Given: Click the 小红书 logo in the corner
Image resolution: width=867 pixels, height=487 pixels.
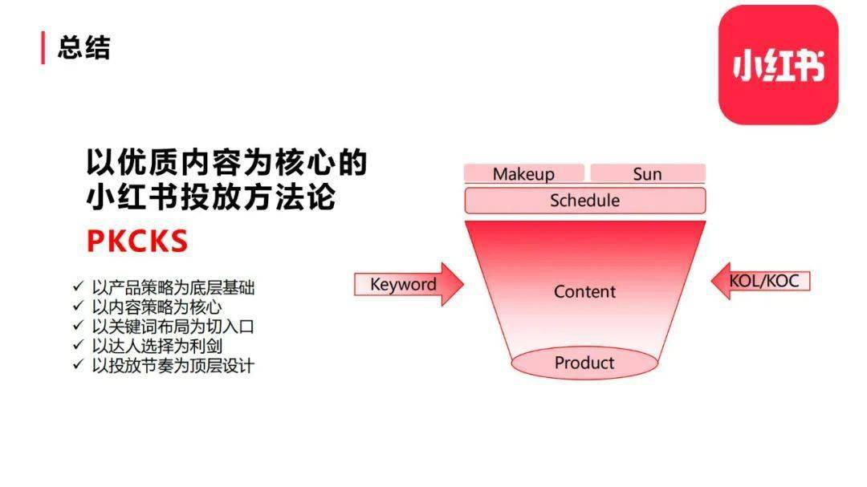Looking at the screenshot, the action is (x=778, y=65).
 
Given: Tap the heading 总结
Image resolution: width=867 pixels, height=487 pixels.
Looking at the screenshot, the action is (x=84, y=47).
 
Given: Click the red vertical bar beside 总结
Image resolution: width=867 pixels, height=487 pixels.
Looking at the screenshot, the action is (x=43, y=47).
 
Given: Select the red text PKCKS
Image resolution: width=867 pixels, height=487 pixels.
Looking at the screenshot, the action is (x=138, y=241).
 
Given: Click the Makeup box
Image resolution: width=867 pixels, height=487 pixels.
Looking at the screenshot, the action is (x=523, y=173).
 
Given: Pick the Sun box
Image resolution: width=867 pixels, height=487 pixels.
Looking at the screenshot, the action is (x=648, y=173).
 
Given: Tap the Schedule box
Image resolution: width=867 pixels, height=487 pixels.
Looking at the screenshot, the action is (x=585, y=200).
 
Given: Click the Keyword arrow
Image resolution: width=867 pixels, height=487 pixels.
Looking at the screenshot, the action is (x=409, y=284).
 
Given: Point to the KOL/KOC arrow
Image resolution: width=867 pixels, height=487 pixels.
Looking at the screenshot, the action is (x=760, y=281).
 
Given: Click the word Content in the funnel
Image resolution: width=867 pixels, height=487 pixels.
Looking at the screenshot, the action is (x=584, y=291).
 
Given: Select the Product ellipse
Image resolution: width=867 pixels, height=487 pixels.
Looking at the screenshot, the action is (x=584, y=363).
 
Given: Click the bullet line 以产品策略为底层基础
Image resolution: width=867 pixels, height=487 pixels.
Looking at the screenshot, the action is (x=173, y=287).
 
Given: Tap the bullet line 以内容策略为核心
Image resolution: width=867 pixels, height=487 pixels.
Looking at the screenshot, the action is (x=157, y=306).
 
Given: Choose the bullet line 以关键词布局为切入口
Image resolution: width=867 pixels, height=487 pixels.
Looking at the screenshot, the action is (x=173, y=327).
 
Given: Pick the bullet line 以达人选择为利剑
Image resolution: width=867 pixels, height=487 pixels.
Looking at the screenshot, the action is (x=157, y=346).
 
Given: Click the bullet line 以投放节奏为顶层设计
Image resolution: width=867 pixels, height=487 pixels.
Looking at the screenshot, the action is (x=173, y=365).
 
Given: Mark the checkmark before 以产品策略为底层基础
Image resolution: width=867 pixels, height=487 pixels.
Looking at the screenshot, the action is (x=78, y=286).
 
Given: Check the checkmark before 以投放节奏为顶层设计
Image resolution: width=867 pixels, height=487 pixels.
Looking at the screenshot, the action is (x=78, y=364).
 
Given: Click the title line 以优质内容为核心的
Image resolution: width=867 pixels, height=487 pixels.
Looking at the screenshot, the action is (x=226, y=162).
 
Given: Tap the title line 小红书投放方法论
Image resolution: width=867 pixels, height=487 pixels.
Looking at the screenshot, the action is (x=211, y=197).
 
